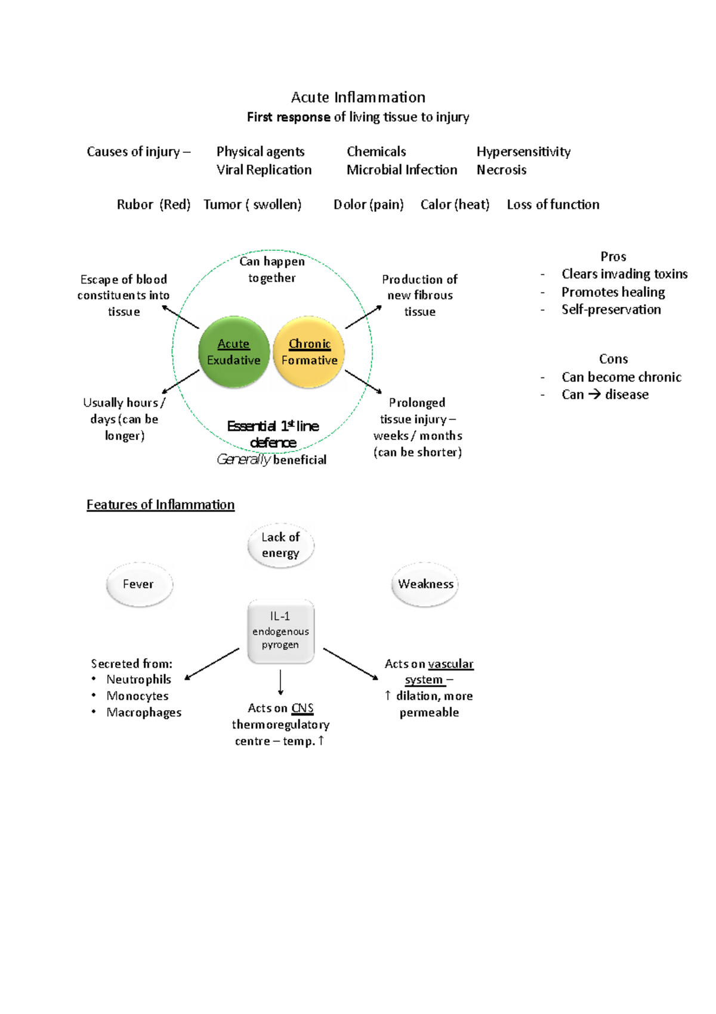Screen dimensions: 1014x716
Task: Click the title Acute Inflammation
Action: tap(358, 97)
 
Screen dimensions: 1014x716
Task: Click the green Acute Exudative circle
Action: tap(234, 352)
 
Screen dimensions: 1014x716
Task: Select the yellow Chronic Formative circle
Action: tap(309, 352)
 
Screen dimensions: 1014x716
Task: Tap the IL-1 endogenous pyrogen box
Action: tap(280, 631)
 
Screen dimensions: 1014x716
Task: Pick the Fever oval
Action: tap(139, 584)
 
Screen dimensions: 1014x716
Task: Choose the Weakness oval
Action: tap(425, 584)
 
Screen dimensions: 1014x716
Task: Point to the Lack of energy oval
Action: tap(280, 545)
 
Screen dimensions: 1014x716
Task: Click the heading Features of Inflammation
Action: tap(161, 505)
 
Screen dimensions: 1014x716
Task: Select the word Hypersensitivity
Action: tap(523, 152)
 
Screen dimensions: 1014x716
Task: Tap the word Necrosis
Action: tap(501, 170)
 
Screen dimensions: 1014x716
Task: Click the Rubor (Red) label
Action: tap(153, 205)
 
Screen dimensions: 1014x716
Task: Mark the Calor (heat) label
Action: tap(455, 205)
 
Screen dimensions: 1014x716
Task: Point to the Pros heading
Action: tap(613, 257)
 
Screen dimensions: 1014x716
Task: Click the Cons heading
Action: tap(613, 359)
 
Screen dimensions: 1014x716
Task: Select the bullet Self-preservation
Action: tap(611, 309)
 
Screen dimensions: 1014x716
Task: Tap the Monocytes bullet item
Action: tap(137, 696)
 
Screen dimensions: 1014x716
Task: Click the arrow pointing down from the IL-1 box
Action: tap(280, 682)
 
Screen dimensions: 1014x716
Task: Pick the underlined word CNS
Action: tap(303, 708)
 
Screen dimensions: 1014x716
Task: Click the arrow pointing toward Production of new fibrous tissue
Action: tap(363, 317)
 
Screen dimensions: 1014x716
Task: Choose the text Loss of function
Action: tap(553, 205)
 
